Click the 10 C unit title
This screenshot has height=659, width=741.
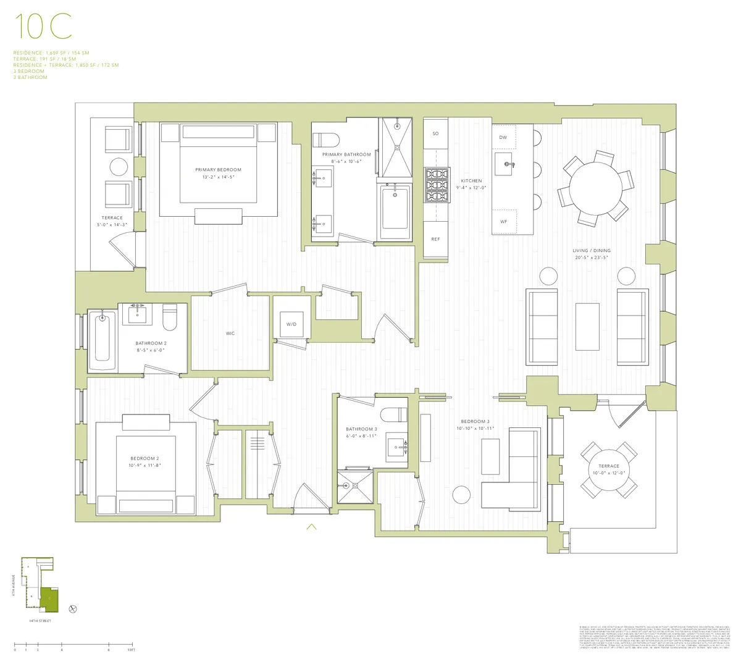pyautogui.click(x=43, y=26)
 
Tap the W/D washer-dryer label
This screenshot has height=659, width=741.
pyautogui.click(x=291, y=324)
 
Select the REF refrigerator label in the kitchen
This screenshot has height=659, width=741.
pyautogui.click(x=436, y=239)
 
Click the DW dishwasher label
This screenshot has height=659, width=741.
pyautogui.click(x=503, y=138)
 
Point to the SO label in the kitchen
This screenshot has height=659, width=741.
pyautogui.click(x=435, y=133)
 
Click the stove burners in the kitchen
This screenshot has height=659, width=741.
pyautogui.click(x=436, y=185)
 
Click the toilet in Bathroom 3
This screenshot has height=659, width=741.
pyautogui.click(x=391, y=414)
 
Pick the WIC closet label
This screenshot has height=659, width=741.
pyautogui.click(x=230, y=334)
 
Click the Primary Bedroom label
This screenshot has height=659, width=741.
pyautogui.click(x=218, y=170)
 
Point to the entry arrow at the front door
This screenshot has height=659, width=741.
pyautogui.click(x=311, y=526)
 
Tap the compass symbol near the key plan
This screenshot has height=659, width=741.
pyautogui.click(x=73, y=609)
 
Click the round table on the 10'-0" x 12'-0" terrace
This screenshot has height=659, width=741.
pyautogui.click(x=608, y=470)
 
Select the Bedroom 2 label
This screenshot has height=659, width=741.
pyautogui.click(x=146, y=458)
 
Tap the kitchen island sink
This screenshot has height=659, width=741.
pyautogui.click(x=508, y=164)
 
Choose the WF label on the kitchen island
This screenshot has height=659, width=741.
pyautogui.click(x=503, y=222)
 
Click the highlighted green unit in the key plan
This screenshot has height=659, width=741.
pyautogui.click(x=49, y=598)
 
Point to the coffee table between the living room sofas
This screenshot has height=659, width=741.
pyautogui.click(x=587, y=326)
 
